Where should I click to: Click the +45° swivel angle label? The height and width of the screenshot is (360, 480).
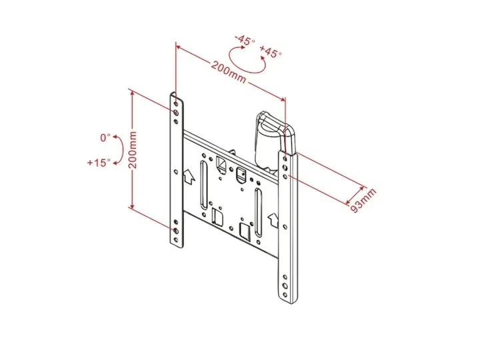tap(271, 52)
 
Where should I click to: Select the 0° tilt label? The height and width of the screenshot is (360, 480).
tap(105, 137)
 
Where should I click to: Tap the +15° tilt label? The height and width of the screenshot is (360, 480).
tap(98, 162)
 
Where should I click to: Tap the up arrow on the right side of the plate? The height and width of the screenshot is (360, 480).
tap(272, 218)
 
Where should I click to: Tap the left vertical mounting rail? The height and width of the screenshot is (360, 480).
tap(176, 173)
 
